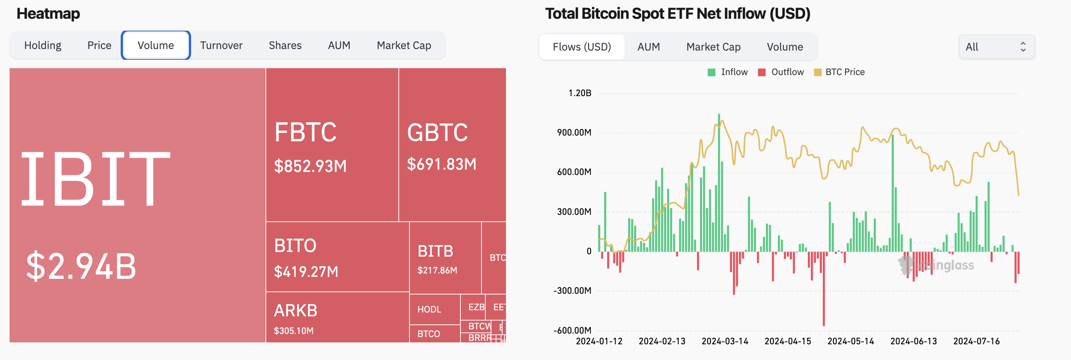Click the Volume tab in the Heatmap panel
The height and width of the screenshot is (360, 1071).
[156, 45]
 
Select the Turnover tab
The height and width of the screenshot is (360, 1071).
[221, 45]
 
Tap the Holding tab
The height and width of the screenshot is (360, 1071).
[43, 45]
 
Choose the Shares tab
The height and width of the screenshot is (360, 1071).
[285, 45]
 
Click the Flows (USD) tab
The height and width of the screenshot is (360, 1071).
[581, 47]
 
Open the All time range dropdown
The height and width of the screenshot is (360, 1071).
[996, 47]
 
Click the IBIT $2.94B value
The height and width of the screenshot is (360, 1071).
[81, 266]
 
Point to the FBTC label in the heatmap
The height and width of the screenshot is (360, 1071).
[306, 133]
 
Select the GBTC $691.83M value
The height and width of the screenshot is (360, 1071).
[442, 164]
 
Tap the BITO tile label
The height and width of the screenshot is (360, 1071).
[295, 246]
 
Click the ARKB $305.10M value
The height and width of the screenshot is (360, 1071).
[293, 331]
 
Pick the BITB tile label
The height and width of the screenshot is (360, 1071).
[435, 251]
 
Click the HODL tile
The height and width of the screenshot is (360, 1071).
[429, 309]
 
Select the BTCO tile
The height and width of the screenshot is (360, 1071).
[429, 334]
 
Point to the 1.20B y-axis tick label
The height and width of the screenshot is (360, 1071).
[580, 93]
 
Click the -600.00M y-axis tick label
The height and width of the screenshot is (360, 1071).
[572, 331]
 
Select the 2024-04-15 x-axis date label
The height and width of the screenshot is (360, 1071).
[788, 341]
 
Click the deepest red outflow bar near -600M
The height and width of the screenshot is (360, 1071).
[824, 291]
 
